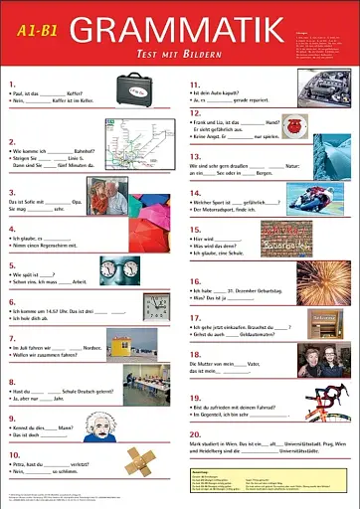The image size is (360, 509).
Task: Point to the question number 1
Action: pos(10,84)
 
